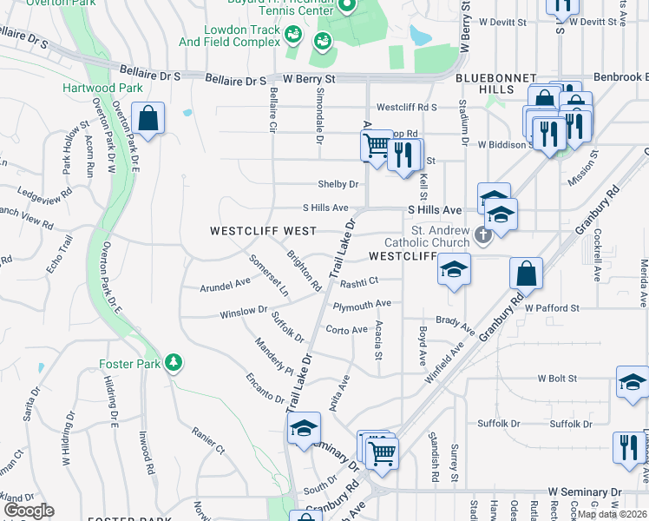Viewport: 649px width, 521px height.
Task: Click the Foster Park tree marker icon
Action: [174, 361]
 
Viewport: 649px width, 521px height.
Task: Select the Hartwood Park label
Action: [89, 88]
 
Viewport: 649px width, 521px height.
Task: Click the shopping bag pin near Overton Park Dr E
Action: [148, 119]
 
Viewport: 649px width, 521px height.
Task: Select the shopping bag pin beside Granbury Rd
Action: [526, 274]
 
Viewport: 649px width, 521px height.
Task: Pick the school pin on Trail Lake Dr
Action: [304, 429]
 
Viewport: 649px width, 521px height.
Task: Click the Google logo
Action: [29, 510]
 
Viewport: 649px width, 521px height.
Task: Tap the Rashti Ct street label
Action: [358, 281]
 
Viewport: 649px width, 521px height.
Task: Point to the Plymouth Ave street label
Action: [362, 305]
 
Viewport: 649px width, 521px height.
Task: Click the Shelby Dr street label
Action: [338, 184]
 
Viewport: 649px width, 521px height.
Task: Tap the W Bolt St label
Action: [557, 379]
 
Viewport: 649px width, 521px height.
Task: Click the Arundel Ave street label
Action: [225, 282]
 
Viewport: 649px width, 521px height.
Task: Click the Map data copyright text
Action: [612, 514]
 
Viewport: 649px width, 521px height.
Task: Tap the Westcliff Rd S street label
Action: [406, 108]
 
